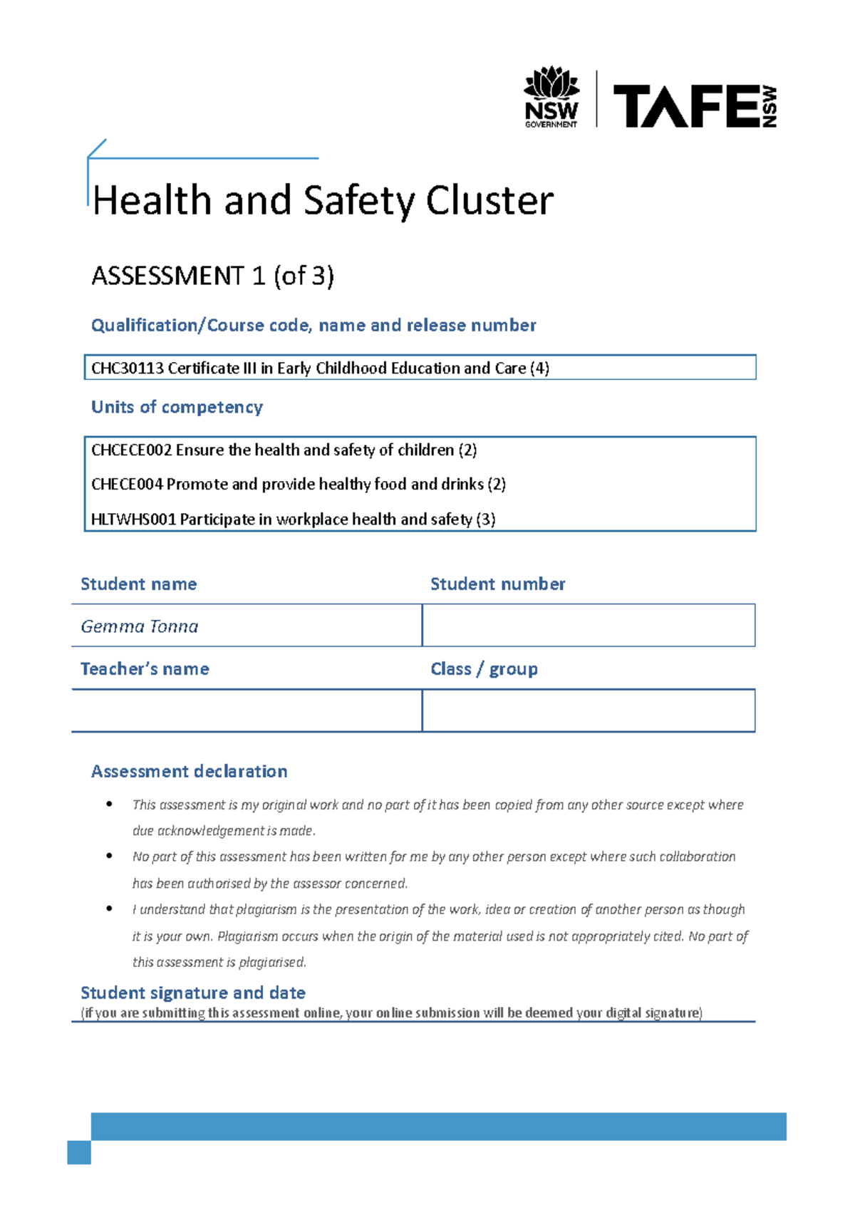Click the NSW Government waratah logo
click(551, 97)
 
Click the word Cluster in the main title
click(489, 200)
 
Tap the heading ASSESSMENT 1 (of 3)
click(212, 276)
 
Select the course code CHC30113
click(128, 368)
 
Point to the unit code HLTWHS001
click(133, 519)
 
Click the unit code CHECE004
click(127, 485)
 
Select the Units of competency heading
click(177, 407)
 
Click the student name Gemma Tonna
click(140, 626)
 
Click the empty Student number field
click(589, 626)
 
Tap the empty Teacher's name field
click(247, 710)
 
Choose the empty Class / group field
click(589, 710)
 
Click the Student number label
click(497, 584)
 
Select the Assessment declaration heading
click(190, 772)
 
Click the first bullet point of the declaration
click(109, 805)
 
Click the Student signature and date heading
click(193, 993)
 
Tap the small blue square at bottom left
click(79, 1152)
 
